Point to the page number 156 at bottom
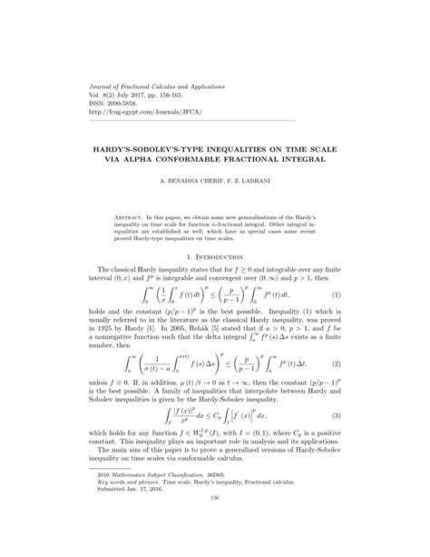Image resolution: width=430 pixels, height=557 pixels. point(215,523)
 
